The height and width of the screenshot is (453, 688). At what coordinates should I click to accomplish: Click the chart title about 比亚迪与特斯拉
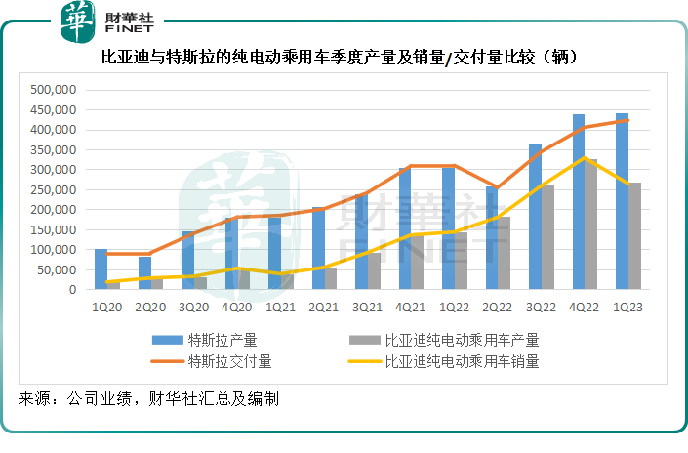(x=344, y=57)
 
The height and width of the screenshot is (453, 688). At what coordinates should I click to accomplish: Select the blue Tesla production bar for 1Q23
(x=622, y=201)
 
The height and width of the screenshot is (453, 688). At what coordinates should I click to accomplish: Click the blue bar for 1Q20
(x=101, y=269)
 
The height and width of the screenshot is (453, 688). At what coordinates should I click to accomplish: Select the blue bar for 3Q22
(x=535, y=217)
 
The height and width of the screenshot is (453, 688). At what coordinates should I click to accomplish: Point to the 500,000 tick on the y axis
(x=53, y=90)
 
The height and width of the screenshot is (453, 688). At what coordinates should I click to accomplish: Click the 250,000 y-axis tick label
(x=53, y=189)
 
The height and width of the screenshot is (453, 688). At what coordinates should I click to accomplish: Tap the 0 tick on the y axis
(x=70, y=290)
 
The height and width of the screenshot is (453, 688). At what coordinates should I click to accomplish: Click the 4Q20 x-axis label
(x=237, y=308)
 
